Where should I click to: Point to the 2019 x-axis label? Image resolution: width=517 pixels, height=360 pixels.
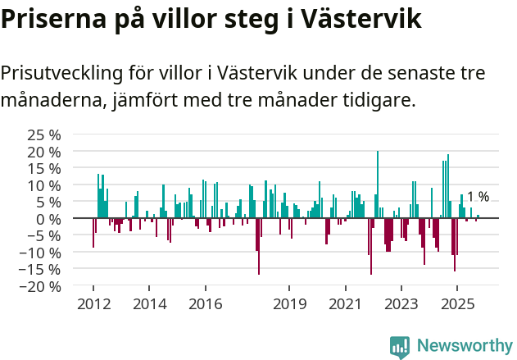coord(288,304)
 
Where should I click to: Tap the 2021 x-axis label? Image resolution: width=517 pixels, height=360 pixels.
coord(345,304)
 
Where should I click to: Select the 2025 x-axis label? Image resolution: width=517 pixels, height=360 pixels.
coord(456,304)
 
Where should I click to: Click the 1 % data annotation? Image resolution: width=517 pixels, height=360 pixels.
coord(478,197)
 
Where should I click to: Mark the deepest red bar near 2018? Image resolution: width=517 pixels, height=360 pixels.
coord(259,246)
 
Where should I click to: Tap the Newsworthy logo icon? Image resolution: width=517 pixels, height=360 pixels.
coord(400,346)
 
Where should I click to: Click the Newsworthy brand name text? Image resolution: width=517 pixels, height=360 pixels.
coord(464,346)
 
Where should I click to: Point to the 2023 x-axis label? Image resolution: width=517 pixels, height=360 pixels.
coord(401,304)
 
